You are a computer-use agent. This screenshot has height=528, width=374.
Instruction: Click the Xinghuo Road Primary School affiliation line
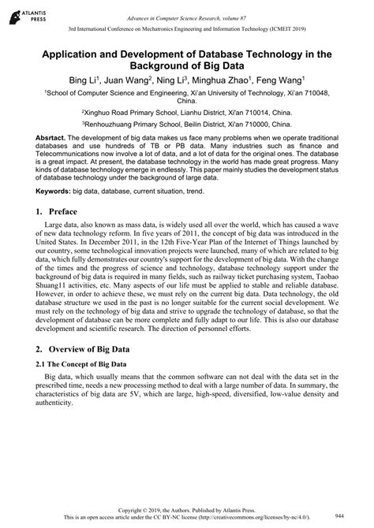pyautogui.click(x=186, y=113)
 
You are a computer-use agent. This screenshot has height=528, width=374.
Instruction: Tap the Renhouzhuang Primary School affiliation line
pyautogui.click(x=186, y=125)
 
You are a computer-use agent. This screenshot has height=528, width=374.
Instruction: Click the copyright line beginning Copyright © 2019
pyautogui.click(x=186, y=509)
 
